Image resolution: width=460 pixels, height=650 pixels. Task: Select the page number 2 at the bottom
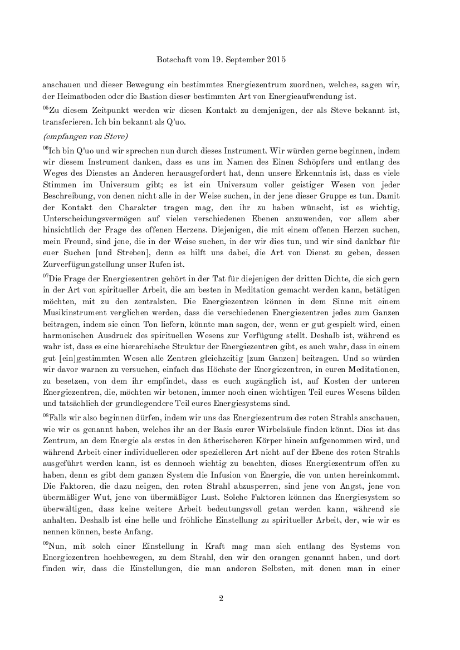pyautogui.click(x=221, y=598)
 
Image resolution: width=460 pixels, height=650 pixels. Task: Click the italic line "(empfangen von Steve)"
pyautogui.click(x=79, y=136)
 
